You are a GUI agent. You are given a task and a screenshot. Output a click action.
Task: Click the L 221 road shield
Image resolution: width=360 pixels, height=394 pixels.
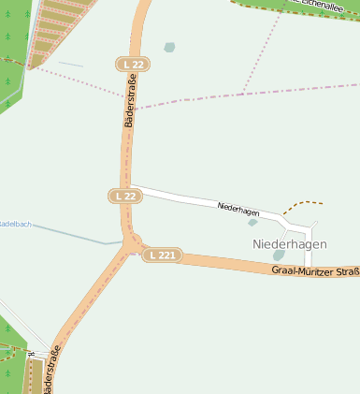[x=162, y=255]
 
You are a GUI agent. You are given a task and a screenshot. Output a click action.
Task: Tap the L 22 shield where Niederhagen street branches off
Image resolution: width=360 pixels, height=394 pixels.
[x=125, y=196]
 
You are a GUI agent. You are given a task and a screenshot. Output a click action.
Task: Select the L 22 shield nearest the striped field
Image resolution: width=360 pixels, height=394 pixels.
[x=133, y=64]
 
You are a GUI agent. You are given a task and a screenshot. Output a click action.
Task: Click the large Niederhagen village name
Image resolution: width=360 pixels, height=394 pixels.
[x=289, y=243]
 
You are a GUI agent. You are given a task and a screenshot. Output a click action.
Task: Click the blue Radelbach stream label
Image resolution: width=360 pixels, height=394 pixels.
[x=15, y=225]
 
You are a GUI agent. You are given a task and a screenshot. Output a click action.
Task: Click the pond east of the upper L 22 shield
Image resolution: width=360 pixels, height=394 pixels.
[x=169, y=47]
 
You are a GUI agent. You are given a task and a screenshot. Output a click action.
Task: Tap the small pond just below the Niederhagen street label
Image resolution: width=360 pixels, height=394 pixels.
[x=252, y=223]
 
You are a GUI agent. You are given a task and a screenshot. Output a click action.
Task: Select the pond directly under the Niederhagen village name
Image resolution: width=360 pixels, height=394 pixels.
[x=279, y=255]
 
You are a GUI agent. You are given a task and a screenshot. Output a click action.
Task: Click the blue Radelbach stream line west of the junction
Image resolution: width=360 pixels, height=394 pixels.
[x=75, y=235]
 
